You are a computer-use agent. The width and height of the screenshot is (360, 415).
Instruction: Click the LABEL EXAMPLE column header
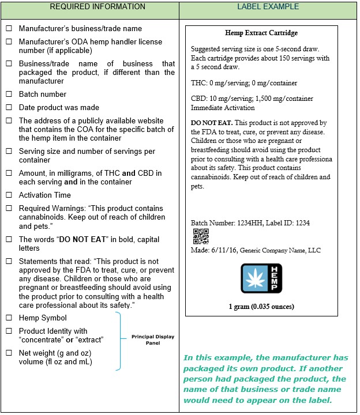point(268,7)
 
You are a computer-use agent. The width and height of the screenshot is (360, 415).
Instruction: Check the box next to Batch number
point(9,95)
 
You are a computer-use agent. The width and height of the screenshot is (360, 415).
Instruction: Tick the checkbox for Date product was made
point(9,108)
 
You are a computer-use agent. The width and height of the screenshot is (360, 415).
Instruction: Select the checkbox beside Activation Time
point(9,195)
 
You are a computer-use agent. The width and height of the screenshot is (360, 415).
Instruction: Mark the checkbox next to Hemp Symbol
point(9,318)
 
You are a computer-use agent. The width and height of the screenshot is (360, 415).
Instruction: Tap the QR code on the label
point(200,236)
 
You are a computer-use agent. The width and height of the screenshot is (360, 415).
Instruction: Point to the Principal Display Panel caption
point(152,339)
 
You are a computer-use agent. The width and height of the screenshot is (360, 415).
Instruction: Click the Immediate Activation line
point(223,108)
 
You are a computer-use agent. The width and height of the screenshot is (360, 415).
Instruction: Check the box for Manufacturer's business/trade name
point(9,29)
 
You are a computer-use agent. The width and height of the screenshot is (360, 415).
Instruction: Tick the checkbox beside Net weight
point(9,353)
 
